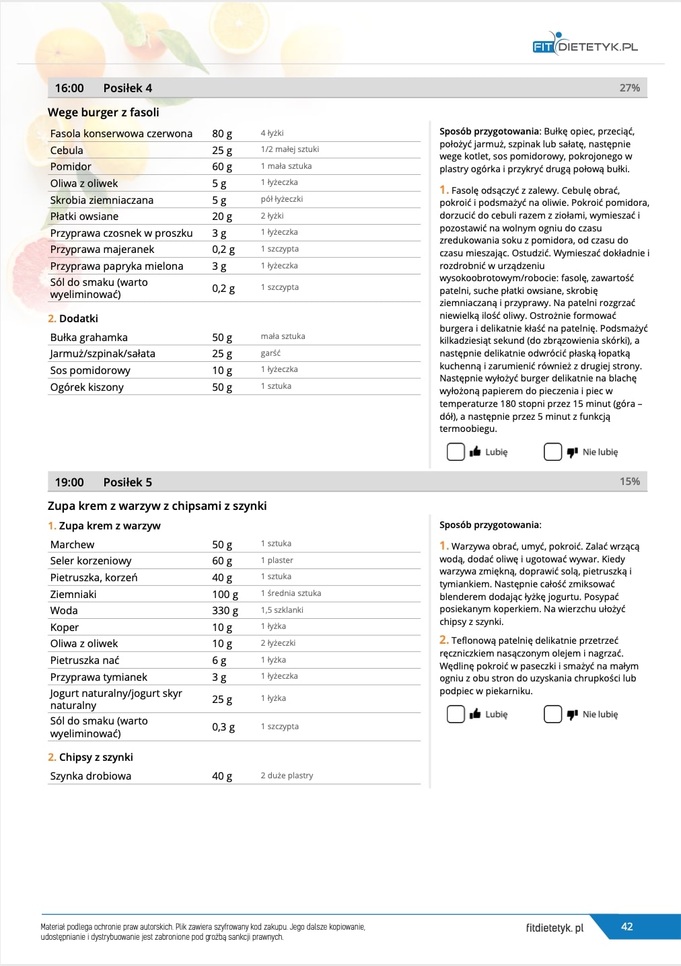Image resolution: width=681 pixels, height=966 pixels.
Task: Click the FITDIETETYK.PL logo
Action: [584, 45]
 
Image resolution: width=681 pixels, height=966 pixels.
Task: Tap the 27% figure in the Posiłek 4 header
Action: [629, 88]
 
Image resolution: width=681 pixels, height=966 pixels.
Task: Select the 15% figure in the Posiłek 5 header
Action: [629, 482]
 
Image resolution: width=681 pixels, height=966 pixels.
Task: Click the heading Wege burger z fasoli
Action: [104, 112]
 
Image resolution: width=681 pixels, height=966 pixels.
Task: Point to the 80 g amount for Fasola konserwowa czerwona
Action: [222, 134]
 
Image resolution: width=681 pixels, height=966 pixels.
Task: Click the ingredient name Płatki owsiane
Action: [84, 217]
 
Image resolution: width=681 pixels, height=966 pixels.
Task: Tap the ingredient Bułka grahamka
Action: [89, 338]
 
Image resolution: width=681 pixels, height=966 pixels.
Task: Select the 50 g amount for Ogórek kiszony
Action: [222, 387]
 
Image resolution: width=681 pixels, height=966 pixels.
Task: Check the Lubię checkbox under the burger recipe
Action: [456, 452]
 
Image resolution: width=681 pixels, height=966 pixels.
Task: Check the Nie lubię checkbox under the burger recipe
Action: [552, 452]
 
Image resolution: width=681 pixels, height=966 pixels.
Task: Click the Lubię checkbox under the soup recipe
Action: [456, 714]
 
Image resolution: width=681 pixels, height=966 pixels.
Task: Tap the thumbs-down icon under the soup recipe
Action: [573, 714]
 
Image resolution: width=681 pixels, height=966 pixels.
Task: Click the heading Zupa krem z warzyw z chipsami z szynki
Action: [157, 506]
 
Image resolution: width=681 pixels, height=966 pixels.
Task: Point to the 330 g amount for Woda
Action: [225, 611]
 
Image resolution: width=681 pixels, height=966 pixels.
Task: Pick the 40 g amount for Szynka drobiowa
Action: [222, 776]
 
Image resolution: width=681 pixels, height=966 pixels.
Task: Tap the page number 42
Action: [626, 927]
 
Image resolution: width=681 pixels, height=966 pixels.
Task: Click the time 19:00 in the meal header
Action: [69, 482]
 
